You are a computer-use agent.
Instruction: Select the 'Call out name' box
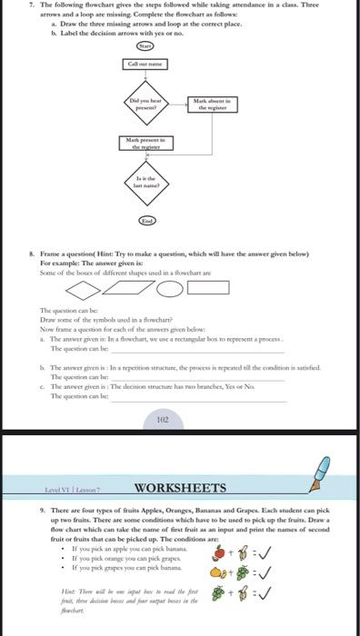(x=145, y=64)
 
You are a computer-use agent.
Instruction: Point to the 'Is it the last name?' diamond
(x=145, y=184)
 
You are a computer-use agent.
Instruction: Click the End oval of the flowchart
(x=145, y=221)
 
